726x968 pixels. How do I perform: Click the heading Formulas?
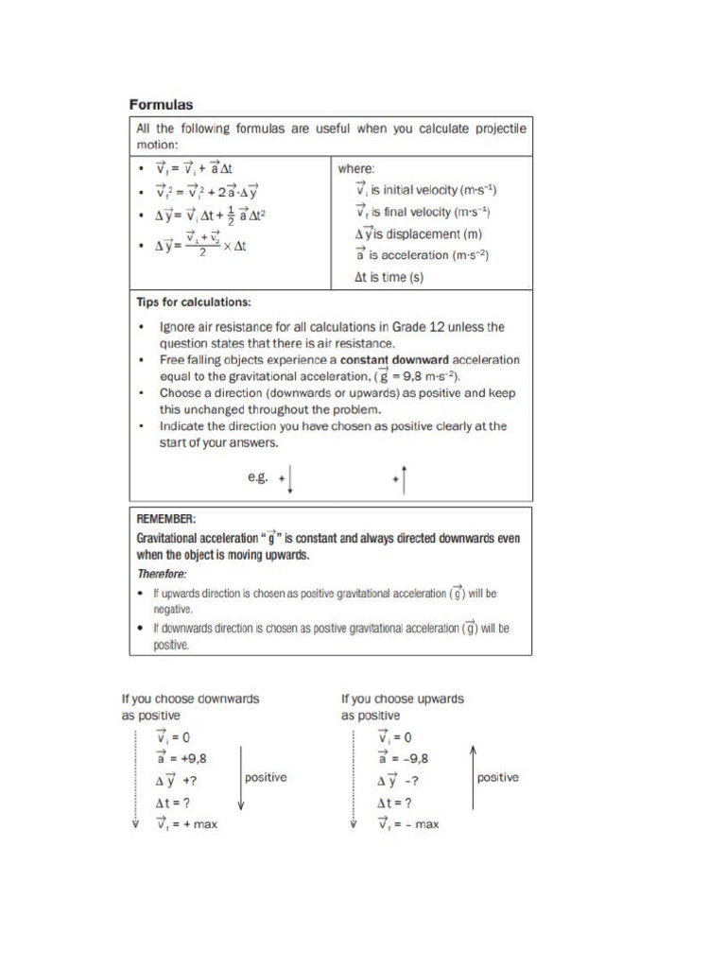pyautogui.click(x=162, y=104)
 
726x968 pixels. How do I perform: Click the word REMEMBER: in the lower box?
pyautogui.click(x=166, y=519)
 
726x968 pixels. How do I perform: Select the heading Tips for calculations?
pyautogui.click(x=194, y=302)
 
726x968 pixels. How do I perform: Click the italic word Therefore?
pyautogui.click(x=162, y=574)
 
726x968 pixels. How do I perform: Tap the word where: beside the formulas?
pyautogui.click(x=356, y=168)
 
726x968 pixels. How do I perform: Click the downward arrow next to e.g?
pyautogui.click(x=290, y=480)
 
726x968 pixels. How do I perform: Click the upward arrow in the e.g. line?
pyautogui.click(x=404, y=480)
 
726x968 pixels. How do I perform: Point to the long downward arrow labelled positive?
pyautogui.click(x=242, y=778)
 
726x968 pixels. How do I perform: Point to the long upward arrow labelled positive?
pyautogui.click(x=473, y=778)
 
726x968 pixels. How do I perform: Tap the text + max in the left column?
pyautogui.click(x=194, y=824)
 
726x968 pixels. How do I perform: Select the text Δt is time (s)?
pyautogui.click(x=389, y=278)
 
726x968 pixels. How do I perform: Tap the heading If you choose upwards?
pyautogui.click(x=403, y=700)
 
